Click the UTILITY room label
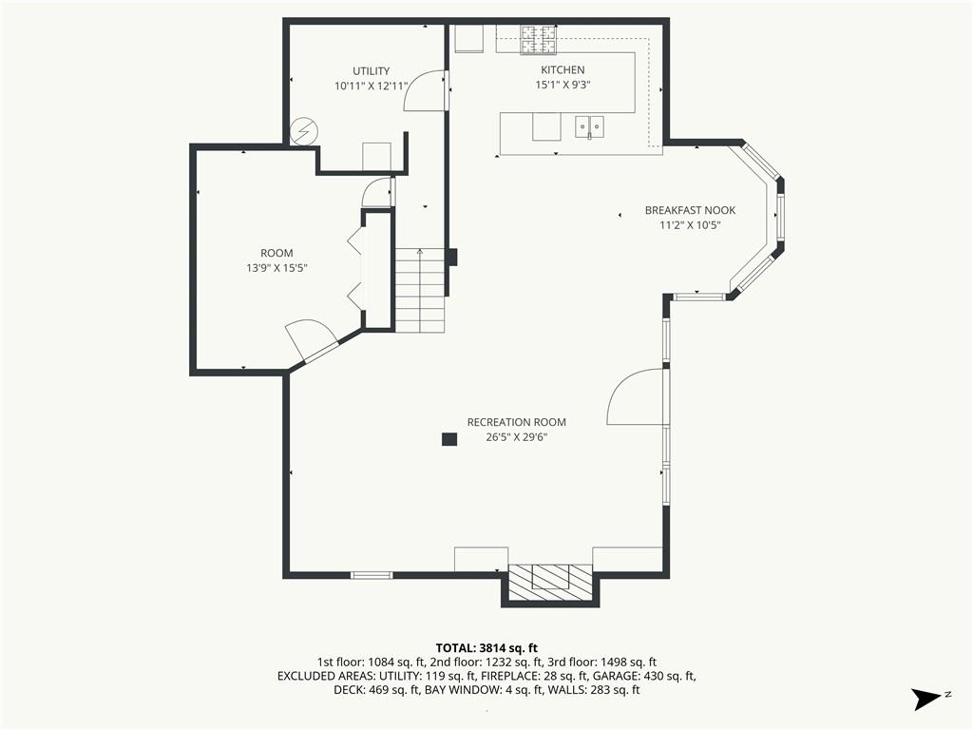click(372, 70)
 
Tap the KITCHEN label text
click(563, 69)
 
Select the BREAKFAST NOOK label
click(690, 210)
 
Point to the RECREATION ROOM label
click(516, 422)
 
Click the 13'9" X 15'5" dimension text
click(277, 268)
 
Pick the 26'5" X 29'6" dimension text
click(516, 437)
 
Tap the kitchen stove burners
click(539, 39)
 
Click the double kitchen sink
click(589, 126)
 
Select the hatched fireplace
click(550, 584)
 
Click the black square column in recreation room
click(449, 439)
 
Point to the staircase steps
click(420, 290)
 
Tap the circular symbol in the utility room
click(304, 131)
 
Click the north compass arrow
click(926, 699)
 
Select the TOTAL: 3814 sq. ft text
click(486, 648)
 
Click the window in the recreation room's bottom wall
click(372, 575)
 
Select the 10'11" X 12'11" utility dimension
click(372, 86)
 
